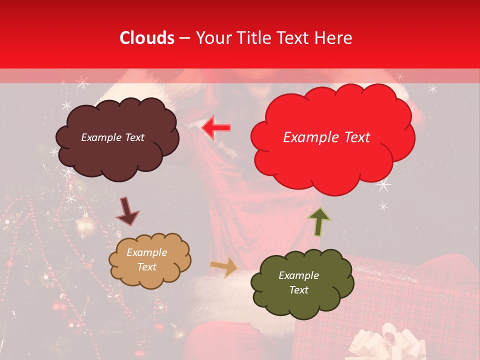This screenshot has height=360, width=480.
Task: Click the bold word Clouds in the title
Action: tap(147, 38)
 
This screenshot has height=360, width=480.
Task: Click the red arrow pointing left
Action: tap(216, 128)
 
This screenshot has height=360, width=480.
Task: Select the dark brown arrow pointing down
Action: tap(128, 211)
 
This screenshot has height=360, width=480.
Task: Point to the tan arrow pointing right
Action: tap(224, 268)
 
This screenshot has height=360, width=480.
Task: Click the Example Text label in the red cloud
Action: tap(326, 137)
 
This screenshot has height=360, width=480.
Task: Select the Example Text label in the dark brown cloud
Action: tap(112, 137)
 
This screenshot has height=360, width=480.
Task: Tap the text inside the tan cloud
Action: tap(146, 260)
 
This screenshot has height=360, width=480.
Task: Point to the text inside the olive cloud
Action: tap(298, 282)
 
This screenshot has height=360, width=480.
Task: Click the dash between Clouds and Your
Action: tap(184, 38)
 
